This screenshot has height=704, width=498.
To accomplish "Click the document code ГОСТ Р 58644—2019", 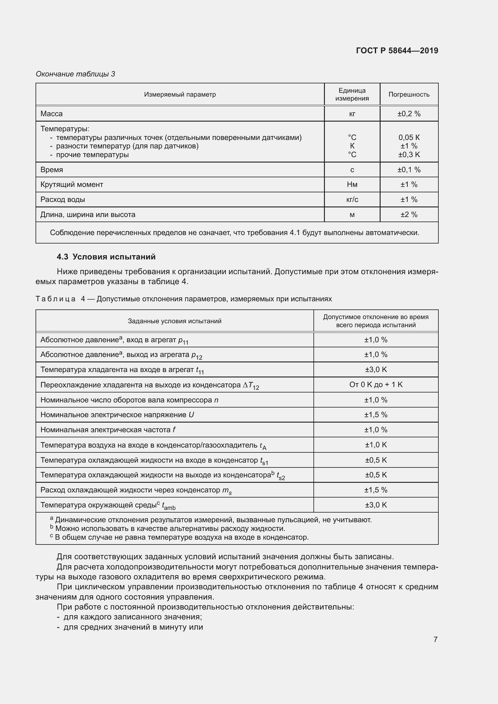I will (x=397, y=51).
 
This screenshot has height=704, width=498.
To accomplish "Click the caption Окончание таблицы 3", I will (x=75, y=74).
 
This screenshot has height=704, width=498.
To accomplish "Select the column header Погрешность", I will (x=409, y=95).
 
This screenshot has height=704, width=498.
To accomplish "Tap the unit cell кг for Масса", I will (x=352, y=114).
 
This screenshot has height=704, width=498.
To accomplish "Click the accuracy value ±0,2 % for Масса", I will (x=409, y=114).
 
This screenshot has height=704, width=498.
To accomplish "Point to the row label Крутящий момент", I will (x=72, y=185).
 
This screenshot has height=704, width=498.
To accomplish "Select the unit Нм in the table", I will (x=352, y=185).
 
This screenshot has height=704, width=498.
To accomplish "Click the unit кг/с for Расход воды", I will (x=352, y=200).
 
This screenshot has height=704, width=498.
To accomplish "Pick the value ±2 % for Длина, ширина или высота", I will (x=409, y=215).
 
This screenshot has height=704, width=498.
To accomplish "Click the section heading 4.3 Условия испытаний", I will (x=106, y=257).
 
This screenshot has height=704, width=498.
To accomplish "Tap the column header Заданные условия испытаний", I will (x=175, y=321).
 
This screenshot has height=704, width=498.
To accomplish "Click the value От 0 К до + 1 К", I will (x=376, y=384).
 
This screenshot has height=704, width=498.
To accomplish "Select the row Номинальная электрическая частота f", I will (x=108, y=430).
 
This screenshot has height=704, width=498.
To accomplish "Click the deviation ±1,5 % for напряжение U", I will (x=376, y=415).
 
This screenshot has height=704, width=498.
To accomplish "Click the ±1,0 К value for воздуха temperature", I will (x=376, y=445).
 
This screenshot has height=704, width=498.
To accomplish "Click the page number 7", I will (x=435, y=639).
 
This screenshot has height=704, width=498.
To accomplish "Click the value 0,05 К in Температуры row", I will (x=409, y=137).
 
